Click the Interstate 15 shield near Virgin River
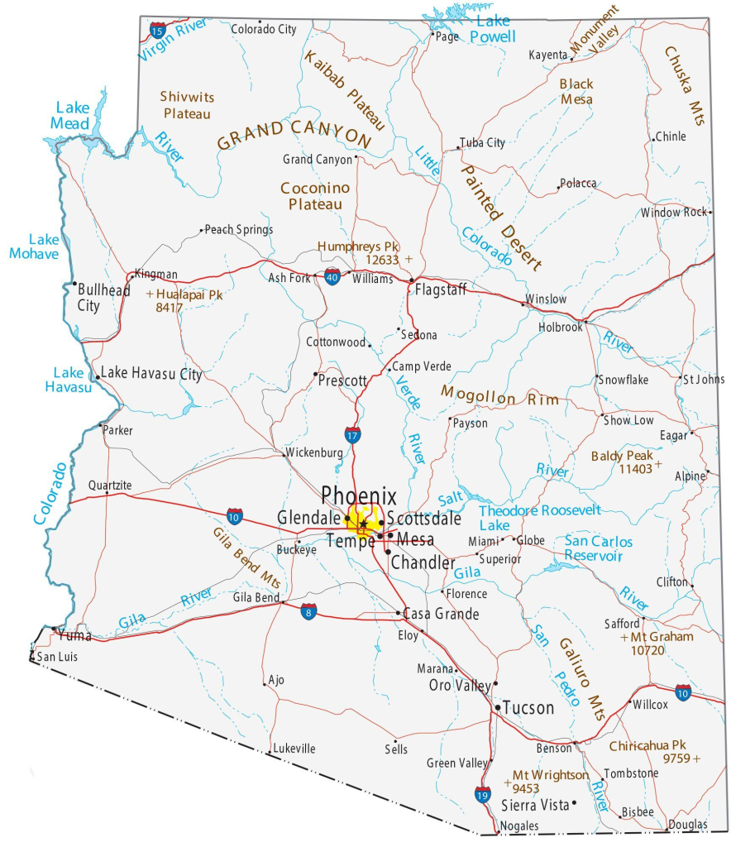pyautogui.click(x=157, y=31)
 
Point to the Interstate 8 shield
pyautogui.click(x=308, y=612)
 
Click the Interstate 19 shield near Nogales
pyautogui.click(x=483, y=795)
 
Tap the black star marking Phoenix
pyautogui.click(x=363, y=524)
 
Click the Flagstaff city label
pyautogui.click(x=441, y=290)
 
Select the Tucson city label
pyautogui.click(x=528, y=708)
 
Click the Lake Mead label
pyautogui.click(x=72, y=115)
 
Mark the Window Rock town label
pyautogui.click(x=673, y=213)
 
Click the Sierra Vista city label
pyautogui.click(x=535, y=805)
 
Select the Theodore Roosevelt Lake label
pyautogui.click(x=540, y=518)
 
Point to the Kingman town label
pyautogui.click(x=156, y=275)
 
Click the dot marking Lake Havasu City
pyautogui.click(x=98, y=377)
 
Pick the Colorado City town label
pyautogui.click(x=263, y=29)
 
